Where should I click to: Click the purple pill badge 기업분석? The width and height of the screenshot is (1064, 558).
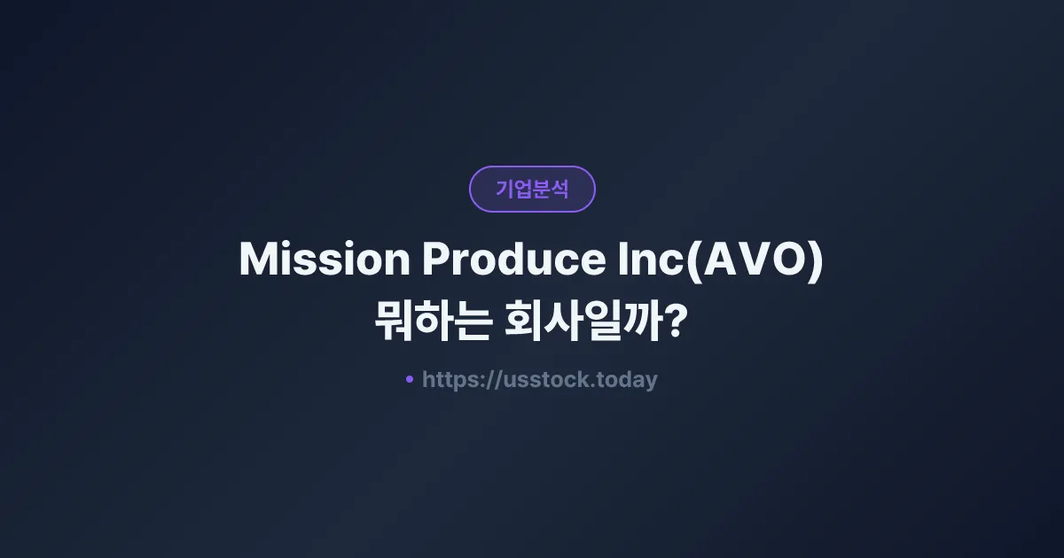click(532, 189)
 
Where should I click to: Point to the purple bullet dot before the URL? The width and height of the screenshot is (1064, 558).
click(409, 379)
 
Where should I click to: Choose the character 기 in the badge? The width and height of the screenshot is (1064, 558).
click(504, 189)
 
